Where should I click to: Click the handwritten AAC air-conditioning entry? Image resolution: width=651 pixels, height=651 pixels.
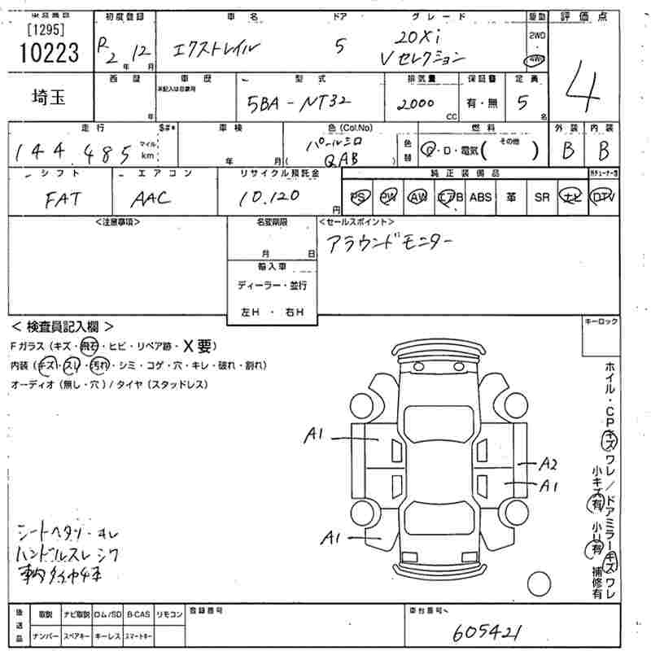pyautogui.click(x=151, y=198)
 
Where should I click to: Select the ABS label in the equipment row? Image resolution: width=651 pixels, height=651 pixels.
pyautogui.click(x=481, y=198)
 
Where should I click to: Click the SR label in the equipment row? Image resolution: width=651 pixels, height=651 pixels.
pyautogui.click(x=542, y=198)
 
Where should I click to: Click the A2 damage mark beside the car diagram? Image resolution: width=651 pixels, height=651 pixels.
pyautogui.click(x=548, y=464)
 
